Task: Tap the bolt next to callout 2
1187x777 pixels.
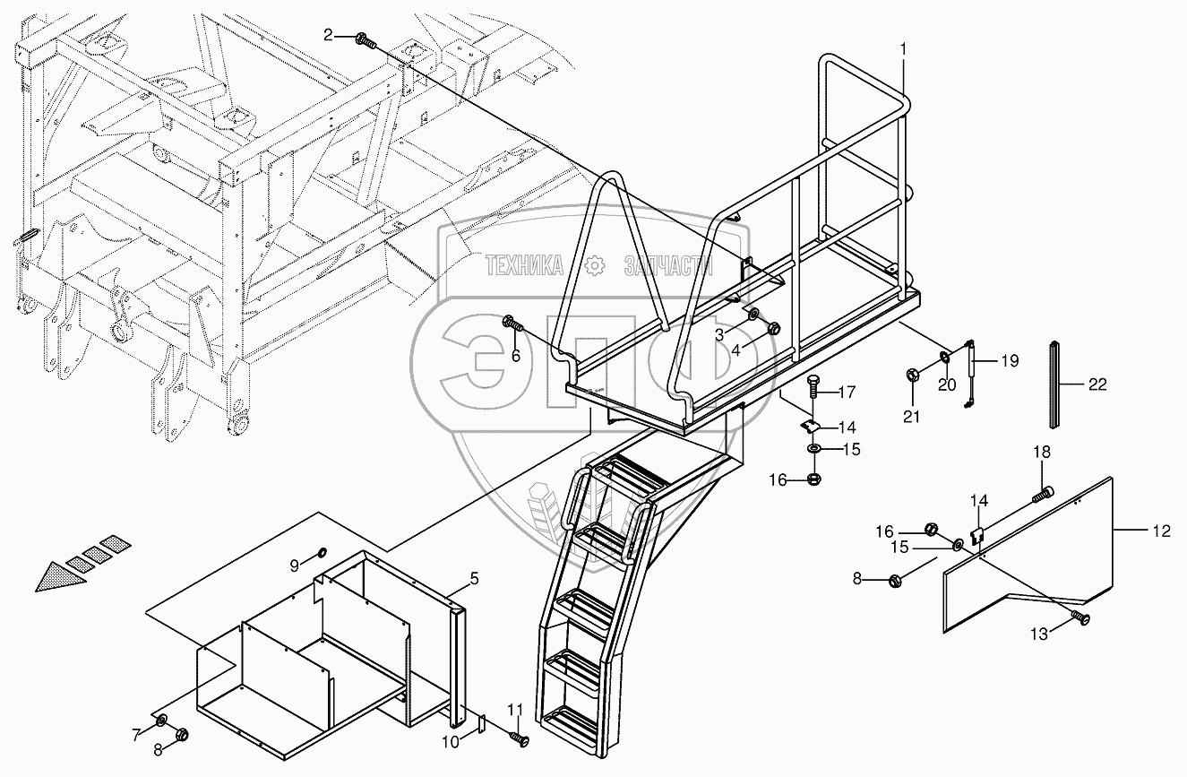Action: point(364,39)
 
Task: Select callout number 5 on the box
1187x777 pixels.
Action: point(475,579)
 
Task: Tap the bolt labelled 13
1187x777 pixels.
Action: point(1082,617)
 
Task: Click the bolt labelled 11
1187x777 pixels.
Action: point(520,739)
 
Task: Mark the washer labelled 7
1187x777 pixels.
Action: point(161,721)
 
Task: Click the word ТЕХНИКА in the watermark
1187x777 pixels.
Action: point(525,264)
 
